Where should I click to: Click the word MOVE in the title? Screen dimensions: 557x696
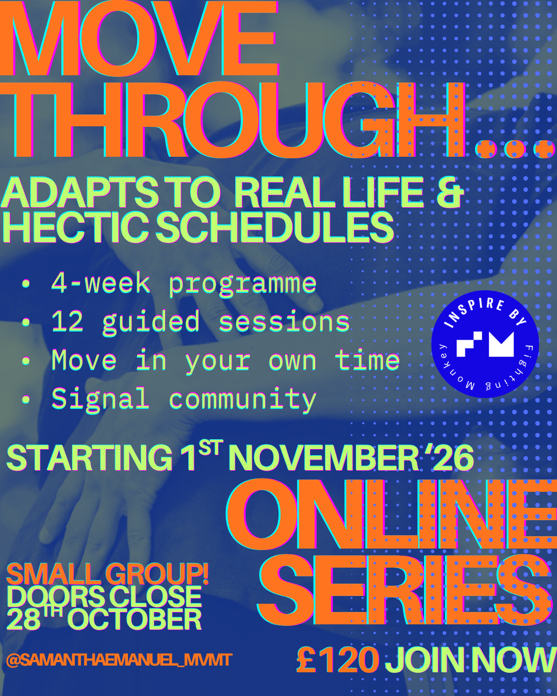[139, 38]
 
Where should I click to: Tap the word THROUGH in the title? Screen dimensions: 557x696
[233, 120]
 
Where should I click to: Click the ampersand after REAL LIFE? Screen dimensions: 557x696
[450, 192]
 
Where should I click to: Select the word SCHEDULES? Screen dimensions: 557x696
[275, 227]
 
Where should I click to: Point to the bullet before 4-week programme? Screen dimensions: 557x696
[26, 284]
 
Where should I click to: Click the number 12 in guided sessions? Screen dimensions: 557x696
[68, 322]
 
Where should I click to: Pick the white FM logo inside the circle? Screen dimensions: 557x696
[485, 344]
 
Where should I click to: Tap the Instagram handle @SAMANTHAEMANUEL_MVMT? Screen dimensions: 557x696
[119, 660]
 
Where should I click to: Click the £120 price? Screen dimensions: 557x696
[338, 660]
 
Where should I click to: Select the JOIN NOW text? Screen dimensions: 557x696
[471, 660]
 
